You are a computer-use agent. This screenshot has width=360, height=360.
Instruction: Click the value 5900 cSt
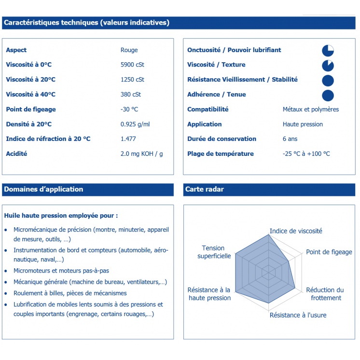[132, 65]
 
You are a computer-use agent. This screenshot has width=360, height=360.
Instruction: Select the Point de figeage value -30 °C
[129, 109]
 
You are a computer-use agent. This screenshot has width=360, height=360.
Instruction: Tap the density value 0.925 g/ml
[135, 124]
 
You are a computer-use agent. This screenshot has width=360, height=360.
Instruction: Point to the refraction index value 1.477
[128, 139]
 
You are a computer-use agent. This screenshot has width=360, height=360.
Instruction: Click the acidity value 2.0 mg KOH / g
[141, 154]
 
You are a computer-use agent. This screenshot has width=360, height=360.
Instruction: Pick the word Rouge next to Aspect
[129, 50]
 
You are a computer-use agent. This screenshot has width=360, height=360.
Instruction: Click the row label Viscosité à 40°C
[30, 95]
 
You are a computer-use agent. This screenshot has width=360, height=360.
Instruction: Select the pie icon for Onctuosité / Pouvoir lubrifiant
[328, 51]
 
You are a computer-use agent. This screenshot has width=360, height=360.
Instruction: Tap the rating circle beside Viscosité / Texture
[328, 66]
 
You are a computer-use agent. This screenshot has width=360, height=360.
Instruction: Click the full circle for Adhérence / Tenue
[328, 96]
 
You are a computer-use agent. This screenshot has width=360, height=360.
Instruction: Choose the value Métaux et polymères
[310, 110]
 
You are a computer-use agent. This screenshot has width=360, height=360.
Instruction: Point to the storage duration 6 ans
[290, 139]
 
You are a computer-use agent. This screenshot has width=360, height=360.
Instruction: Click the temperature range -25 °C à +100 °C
[306, 154]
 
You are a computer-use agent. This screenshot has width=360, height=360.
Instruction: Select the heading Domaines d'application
[43, 190]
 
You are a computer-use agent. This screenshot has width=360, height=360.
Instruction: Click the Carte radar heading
[205, 190]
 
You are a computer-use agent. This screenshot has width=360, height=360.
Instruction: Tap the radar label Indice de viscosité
[295, 231]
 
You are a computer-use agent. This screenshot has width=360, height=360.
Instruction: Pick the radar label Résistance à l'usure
[298, 315]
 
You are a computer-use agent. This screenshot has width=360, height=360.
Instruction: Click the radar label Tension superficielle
[214, 252]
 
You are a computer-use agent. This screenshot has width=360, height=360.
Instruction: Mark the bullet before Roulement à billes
[6, 293]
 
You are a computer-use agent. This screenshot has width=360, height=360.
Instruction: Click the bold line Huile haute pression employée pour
[61, 216]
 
